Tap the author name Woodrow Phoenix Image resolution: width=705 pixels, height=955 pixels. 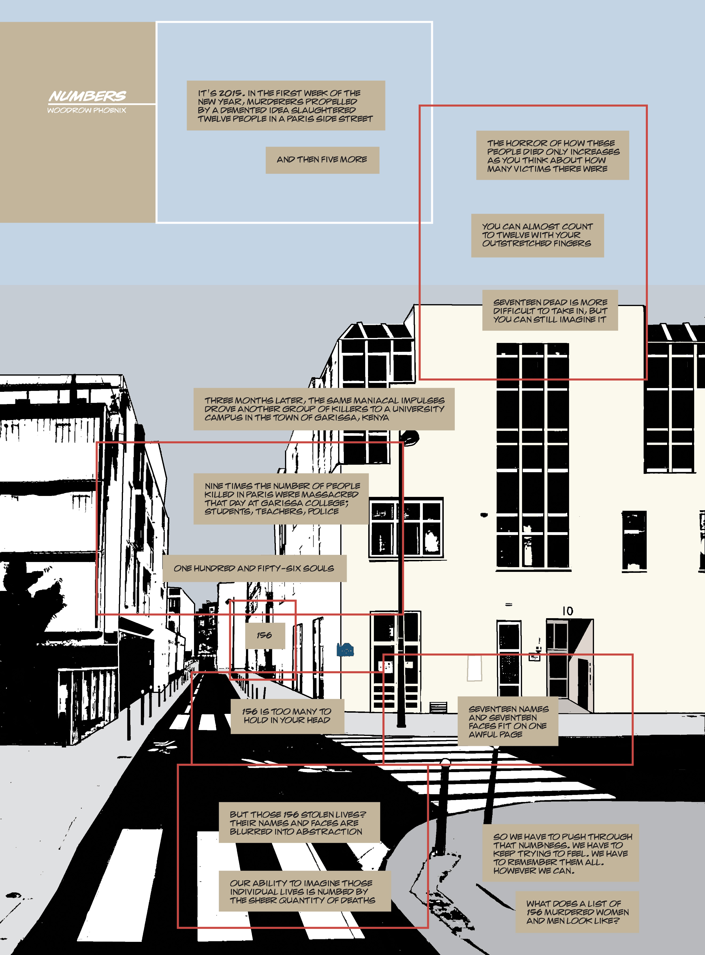(87, 110)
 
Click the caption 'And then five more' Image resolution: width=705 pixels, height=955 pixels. (322, 160)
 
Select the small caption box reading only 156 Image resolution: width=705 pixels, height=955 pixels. (265, 635)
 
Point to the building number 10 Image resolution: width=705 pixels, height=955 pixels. (567, 611)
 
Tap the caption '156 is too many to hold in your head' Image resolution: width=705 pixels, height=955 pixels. (287, 716)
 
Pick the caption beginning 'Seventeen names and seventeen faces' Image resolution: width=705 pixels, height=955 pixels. (507, 721)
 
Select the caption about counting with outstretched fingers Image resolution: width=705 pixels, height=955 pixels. (537, 235)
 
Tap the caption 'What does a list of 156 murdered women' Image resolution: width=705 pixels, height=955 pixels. (577, 912)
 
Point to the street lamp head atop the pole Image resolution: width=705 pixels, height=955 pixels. (410, 437)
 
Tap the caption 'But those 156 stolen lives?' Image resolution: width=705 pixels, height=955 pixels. (299, 823)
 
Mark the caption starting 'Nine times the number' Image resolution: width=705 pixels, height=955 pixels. (281, 499)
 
